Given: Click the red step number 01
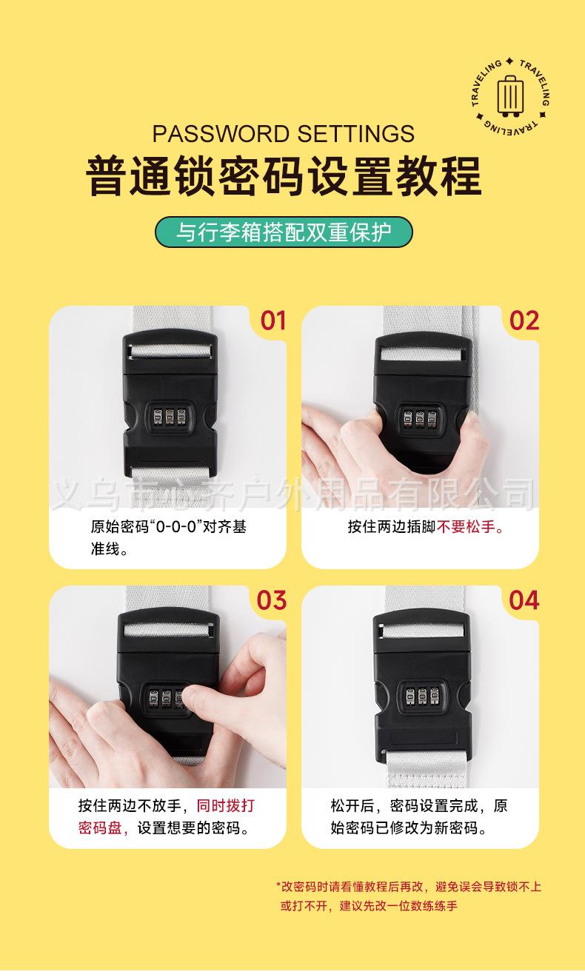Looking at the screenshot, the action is click(x=273, y=320).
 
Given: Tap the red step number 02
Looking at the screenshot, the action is click(x=524, y=320).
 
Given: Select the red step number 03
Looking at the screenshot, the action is click(x=271, y=600).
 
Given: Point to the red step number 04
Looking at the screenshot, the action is click(x=524, y=600).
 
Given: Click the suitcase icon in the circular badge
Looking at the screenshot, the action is click(x=510, y=96).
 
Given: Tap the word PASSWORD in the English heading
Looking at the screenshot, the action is click(x=221, y=134).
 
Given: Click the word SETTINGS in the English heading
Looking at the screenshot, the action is click(x=356, y=134).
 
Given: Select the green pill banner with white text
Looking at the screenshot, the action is click(x=284, y=232).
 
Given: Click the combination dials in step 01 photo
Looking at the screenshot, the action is click(x=170, y=417).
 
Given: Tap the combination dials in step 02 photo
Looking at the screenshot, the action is click(x=420, y=418).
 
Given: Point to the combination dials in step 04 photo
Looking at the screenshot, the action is click(x=422, y=696).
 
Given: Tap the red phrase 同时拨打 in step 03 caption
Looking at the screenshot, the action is click(x=226, y=805).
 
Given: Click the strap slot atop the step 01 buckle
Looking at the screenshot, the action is click(x=170, y=351).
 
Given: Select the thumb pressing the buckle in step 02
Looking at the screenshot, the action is click(x=476, y=440).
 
